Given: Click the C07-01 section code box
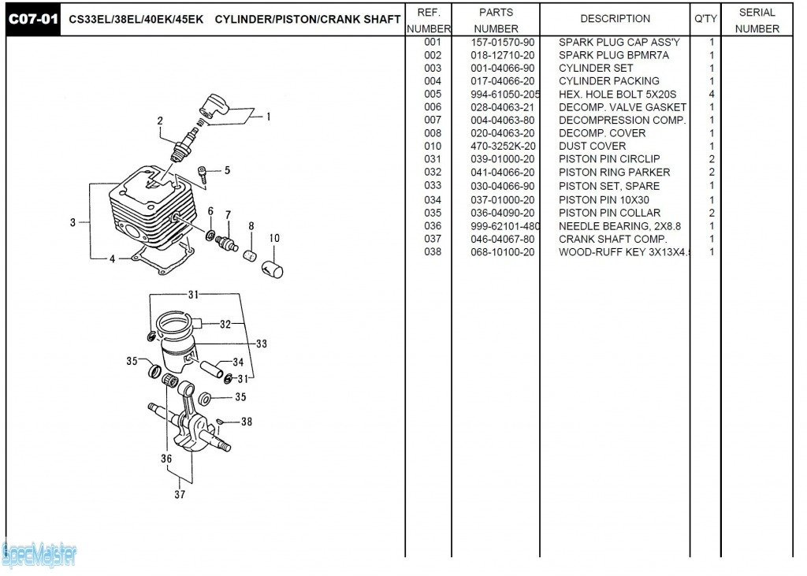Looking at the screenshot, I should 32,19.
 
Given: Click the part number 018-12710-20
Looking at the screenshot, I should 502,55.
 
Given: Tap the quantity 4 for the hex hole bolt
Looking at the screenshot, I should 712,95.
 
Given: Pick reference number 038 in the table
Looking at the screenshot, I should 433,252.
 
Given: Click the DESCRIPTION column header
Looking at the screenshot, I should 615,19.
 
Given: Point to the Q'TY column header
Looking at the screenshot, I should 705,19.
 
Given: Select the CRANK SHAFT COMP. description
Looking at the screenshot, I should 612,239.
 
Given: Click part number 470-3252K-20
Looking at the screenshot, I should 503,146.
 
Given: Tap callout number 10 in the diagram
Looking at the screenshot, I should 274,238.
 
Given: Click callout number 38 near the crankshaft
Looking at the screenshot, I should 246,422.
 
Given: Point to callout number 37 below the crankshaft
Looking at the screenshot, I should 180,495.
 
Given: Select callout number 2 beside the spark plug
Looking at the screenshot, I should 160,121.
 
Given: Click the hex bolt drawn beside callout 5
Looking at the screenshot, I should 203,174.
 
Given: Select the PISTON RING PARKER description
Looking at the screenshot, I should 614,173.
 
